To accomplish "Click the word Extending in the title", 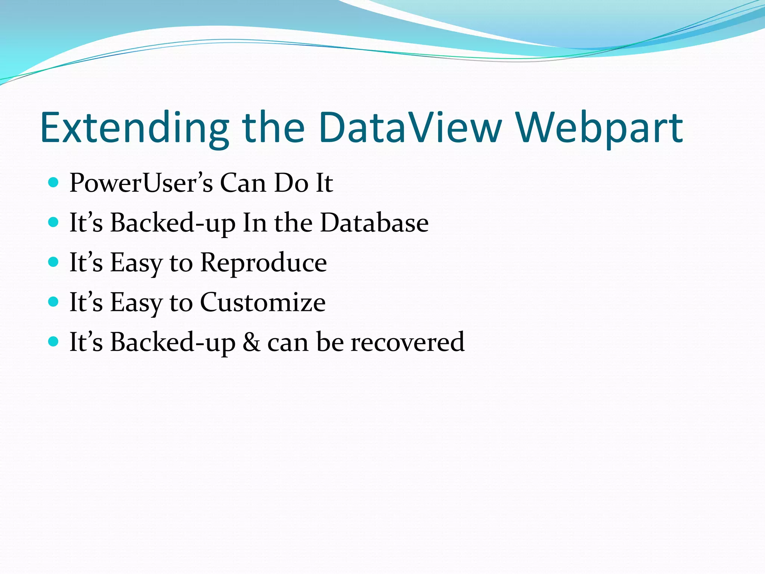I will pos(134,128).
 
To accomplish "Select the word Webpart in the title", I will pos(600,128).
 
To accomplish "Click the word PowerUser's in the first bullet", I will pos(141,183).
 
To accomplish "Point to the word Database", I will pos(374,223).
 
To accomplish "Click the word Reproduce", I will pos(263,263).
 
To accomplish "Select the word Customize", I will pos(263,302).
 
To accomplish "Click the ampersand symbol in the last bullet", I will pos(251,342).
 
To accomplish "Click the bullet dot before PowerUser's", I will pos(54,183).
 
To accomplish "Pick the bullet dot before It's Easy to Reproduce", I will pos(54,262).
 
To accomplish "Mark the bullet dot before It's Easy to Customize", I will pos(54,302).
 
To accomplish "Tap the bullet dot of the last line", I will pos(54,341).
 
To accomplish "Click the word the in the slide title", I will pos(273,128).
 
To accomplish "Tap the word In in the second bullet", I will pos(254,223).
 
